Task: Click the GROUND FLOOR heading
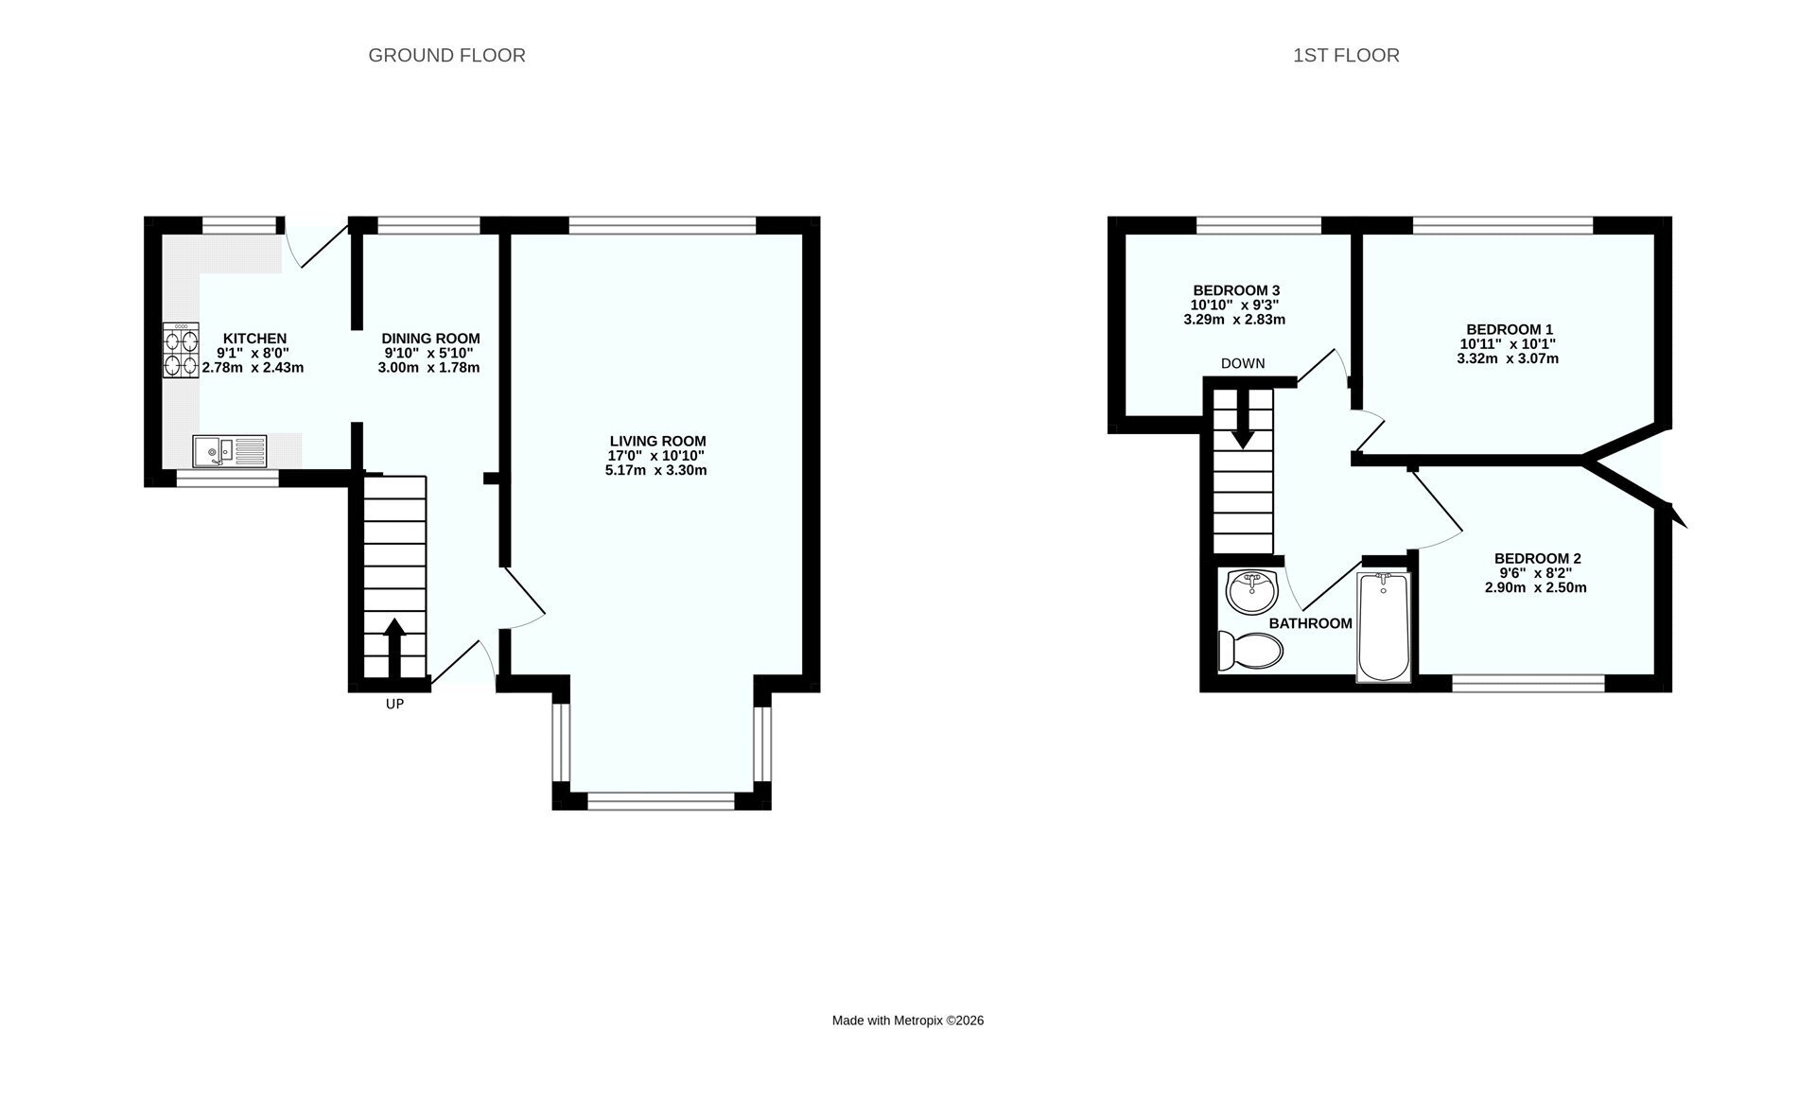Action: coord(446,56)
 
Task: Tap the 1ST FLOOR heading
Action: coord(1346,56)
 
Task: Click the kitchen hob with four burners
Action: coord(182,351)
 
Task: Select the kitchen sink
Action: coord(230,451)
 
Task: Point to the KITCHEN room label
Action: coord(254,339)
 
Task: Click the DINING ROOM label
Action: coord(430,339)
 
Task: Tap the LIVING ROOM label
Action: coord(657,442)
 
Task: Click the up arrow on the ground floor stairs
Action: coord(393,648)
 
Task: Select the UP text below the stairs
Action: coord(394,705)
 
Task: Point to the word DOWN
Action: coord(1243,364)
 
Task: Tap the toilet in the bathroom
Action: coord(1250,651)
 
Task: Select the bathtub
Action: coord(1383,626)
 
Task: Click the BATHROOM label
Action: coord(1310,624)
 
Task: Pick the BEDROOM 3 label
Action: coord(1236,290)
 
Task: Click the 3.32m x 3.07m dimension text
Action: coord(1508,359)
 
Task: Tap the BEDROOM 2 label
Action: coord(1537,559)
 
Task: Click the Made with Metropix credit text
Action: coord(908,1020)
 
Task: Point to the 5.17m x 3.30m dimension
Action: coord(656,471)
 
